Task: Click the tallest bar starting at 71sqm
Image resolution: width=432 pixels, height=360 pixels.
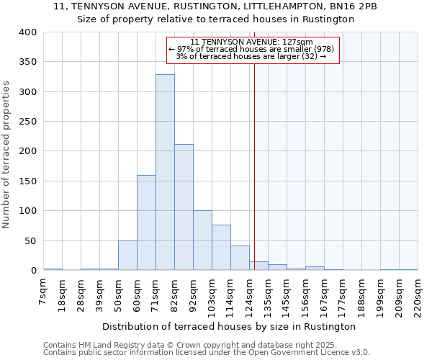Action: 165,173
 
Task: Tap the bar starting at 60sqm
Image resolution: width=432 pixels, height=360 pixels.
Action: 146,222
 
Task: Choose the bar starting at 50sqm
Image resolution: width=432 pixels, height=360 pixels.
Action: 127,256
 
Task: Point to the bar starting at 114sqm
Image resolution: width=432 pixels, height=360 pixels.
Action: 240,258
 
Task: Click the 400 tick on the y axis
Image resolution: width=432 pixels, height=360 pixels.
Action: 27,32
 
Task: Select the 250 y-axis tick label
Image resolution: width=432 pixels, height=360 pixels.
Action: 27,122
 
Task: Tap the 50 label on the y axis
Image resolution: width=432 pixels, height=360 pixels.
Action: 30,241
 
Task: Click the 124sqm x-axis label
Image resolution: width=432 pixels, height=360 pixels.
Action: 250,294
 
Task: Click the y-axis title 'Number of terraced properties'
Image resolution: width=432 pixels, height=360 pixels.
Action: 7,155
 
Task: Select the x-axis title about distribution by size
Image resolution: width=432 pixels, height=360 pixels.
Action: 230,326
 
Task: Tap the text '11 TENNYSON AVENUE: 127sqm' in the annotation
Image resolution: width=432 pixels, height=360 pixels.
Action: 252,42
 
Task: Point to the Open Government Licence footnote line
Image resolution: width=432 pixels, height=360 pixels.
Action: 207,352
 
